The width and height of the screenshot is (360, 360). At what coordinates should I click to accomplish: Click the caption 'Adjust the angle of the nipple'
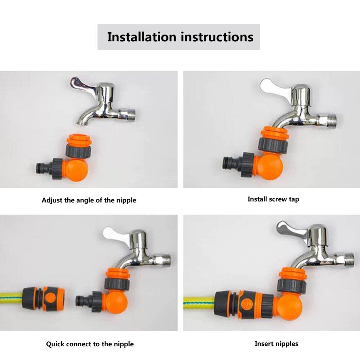[x=89, y=200]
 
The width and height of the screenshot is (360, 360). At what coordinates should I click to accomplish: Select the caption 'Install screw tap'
[x=273, y=199]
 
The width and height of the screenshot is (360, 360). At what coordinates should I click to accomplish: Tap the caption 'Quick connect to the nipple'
[x=90, y=344]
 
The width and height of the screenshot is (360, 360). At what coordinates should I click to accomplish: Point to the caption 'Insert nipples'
[x=276, y=343]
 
